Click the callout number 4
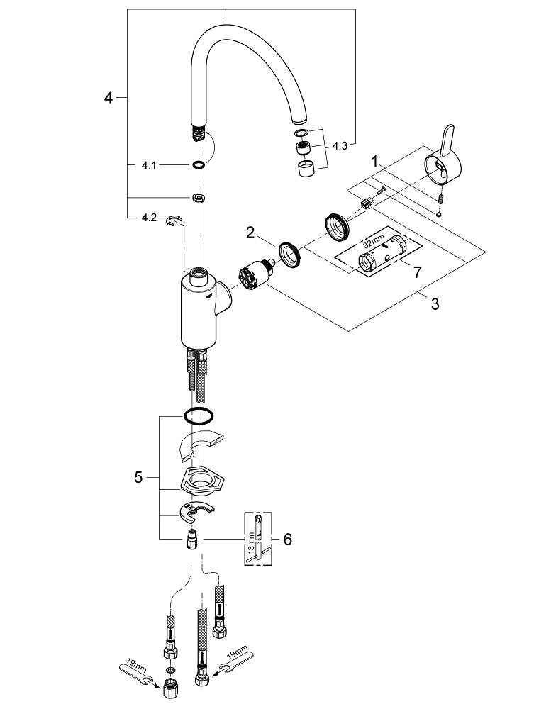click(108, 98)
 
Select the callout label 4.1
click(148, 164)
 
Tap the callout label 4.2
click(148, 218)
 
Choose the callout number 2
click(250, 231)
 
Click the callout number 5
click(138, 478)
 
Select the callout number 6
click(287, 540)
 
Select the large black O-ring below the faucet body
click(199, 415)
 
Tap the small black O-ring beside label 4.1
click(199, 164)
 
